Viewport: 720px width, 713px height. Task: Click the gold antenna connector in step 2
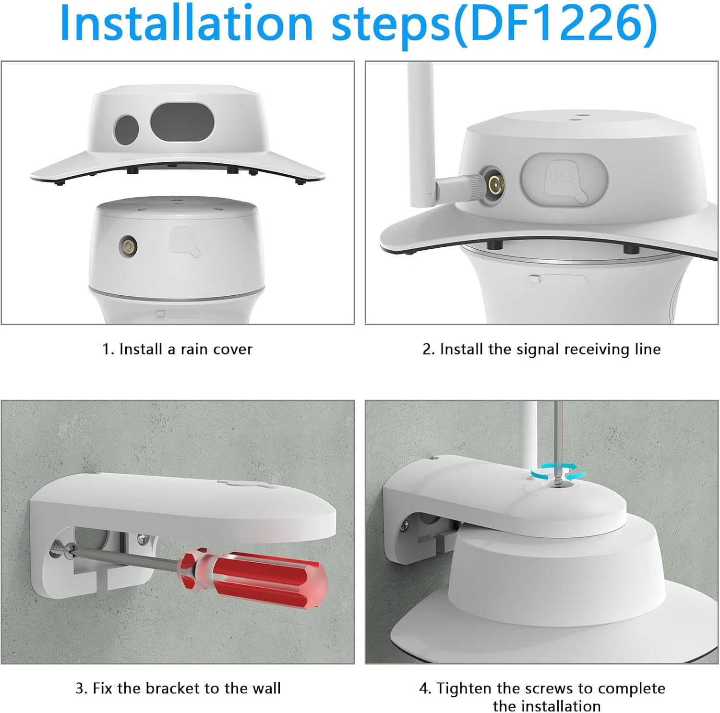(x=493, y=183)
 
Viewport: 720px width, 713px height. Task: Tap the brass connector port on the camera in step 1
(x=128, y=245)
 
